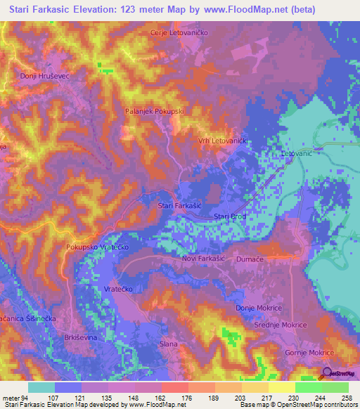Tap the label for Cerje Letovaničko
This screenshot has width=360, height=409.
tap(181, 32)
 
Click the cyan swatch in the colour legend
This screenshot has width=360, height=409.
tap(41, 387)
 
